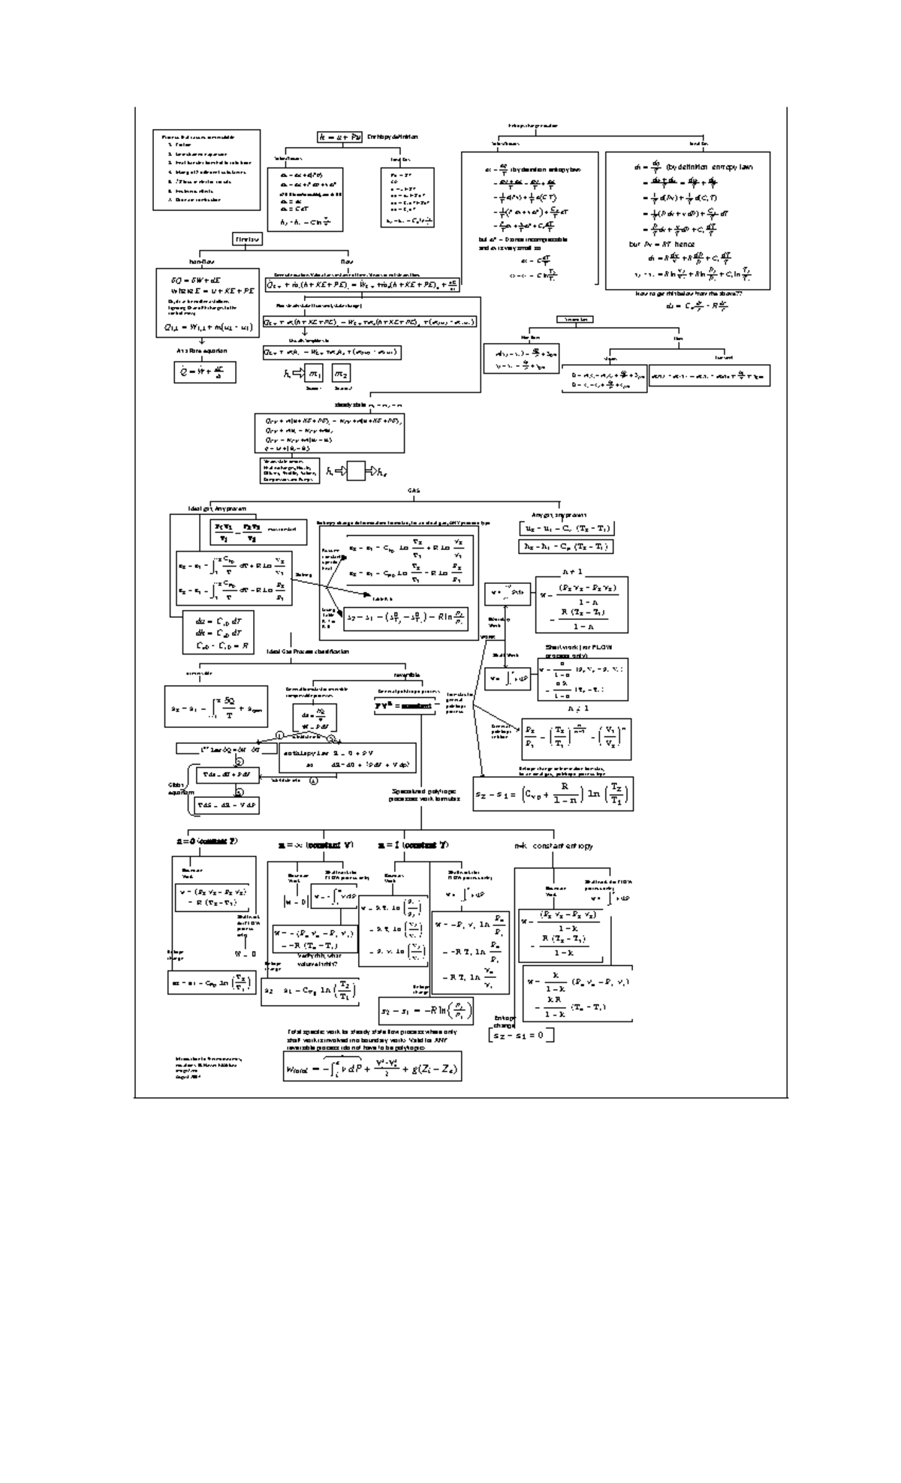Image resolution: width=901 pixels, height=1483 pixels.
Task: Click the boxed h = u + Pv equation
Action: tap(340, 137)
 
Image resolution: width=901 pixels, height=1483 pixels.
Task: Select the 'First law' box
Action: tap(247, 239)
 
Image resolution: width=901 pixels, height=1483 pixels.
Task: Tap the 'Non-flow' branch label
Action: tap(202, 262)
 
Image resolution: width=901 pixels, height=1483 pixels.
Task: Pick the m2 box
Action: tap(342, 374)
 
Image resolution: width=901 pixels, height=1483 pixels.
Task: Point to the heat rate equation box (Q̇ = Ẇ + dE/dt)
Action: tap(203, 372)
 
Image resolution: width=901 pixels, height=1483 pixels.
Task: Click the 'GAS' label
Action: tap(414, 491)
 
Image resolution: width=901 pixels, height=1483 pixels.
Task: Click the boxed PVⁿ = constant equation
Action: tap(405, 705)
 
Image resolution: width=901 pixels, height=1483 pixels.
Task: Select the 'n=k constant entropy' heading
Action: tap(553, 846)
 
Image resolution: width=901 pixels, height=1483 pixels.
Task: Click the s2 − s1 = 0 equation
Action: tap(521, 1036)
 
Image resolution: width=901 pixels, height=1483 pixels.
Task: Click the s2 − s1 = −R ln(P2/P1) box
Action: tap(426, 1012)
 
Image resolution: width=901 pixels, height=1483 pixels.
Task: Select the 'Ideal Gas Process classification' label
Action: tap(307, 651)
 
